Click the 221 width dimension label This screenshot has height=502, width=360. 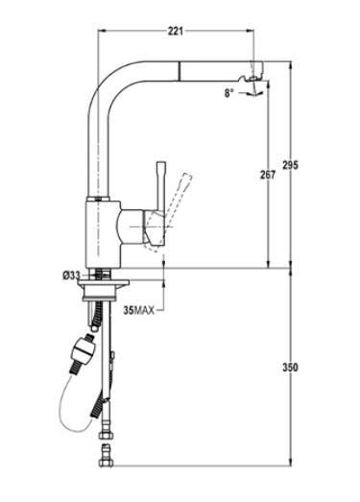click(176, 31)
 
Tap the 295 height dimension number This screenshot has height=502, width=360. click(290, 165)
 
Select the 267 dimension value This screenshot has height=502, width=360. click(268, 175)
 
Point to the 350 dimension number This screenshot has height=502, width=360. click(290, 368)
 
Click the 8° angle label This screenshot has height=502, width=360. click(228, 93)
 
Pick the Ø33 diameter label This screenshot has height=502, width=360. click(71, 275)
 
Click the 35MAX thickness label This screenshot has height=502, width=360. click(138, 310)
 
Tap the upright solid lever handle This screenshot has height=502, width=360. click(161, 185)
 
